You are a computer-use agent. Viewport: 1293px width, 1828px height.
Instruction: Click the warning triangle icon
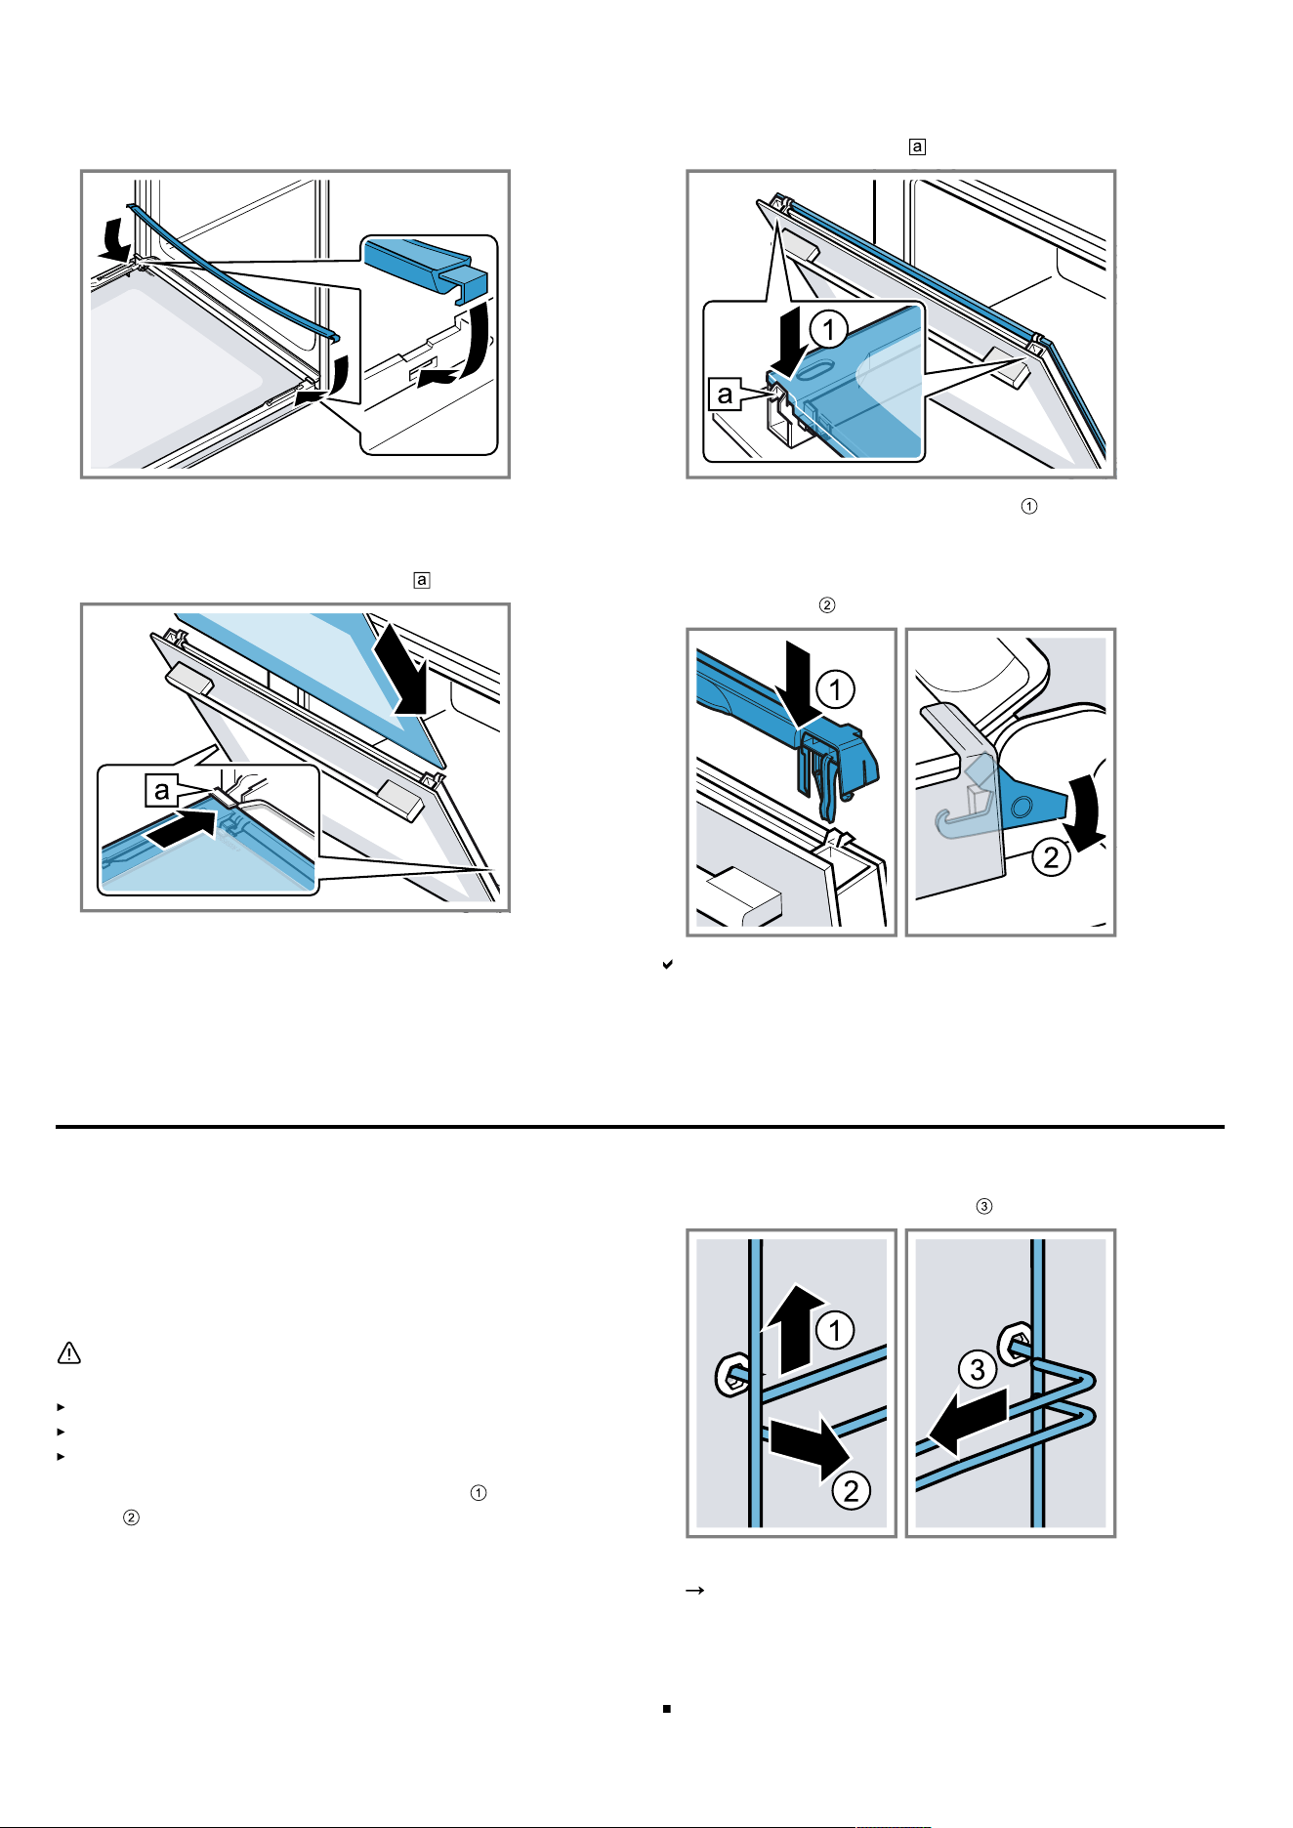click(68, 1353)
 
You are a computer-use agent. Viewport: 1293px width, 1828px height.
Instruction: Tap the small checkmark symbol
click(667, 965)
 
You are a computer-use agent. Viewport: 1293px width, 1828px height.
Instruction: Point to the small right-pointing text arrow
click(695, 1591)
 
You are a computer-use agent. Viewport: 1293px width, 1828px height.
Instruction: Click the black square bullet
click(666, 1709)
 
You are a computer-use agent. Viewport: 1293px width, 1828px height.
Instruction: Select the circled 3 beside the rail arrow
click(978, 1369)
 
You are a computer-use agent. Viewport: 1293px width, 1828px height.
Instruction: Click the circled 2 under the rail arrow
click(852, 1490)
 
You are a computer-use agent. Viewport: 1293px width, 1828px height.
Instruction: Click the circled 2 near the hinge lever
click(1051, 857)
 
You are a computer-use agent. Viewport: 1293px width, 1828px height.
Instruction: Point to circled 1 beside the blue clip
click(835, 690)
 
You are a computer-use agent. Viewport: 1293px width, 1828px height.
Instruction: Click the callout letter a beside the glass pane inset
click(161, 790)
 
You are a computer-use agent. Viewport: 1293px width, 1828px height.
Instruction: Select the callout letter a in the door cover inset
click(724, 394)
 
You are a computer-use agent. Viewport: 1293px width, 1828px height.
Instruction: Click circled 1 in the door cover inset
click(829, 329)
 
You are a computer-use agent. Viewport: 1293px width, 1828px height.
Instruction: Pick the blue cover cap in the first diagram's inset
click(426, 265)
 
